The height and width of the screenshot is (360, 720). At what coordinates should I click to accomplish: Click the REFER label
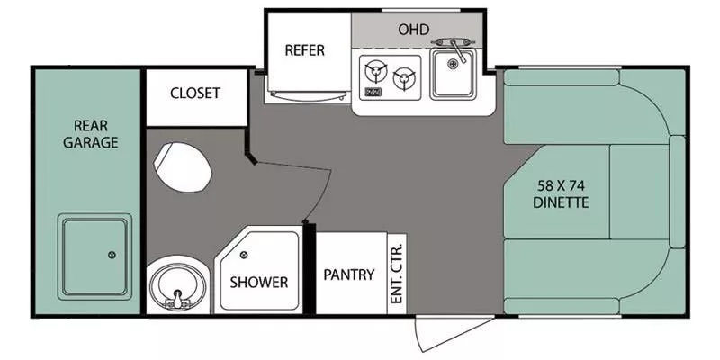point(304,50)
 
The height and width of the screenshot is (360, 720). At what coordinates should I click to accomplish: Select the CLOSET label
point(195,94)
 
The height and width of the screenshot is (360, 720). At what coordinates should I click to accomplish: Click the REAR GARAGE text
point(89,133)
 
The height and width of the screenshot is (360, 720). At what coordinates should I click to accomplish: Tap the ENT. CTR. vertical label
point(397,274)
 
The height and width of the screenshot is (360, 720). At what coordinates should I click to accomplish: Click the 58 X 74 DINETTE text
point(563,193)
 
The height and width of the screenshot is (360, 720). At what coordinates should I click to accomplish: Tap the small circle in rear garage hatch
point(112,255)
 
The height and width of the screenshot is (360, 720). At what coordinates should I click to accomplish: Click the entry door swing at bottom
point(441,333)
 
